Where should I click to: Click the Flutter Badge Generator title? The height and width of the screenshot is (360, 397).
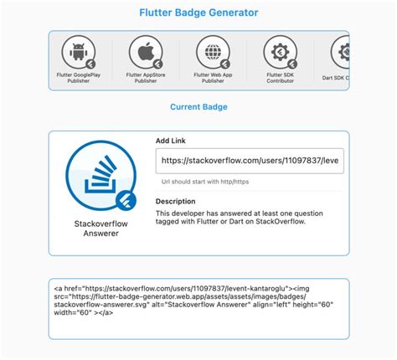point(198,13)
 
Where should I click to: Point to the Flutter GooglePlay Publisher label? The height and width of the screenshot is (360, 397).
point(79,78)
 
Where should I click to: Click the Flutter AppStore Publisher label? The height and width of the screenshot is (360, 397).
point(146,78)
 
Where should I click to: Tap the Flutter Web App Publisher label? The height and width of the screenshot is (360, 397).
point(213,78)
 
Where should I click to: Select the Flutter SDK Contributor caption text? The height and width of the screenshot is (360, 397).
point(280,78)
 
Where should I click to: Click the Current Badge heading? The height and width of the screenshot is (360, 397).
point(198,107)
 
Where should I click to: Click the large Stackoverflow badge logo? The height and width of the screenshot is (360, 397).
point(100,175)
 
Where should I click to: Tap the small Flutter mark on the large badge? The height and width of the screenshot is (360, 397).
point(126,200)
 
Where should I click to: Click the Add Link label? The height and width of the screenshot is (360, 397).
point(172,141)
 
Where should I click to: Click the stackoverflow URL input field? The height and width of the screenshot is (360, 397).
point(250,161)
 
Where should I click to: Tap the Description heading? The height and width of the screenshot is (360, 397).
point(176,201)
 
